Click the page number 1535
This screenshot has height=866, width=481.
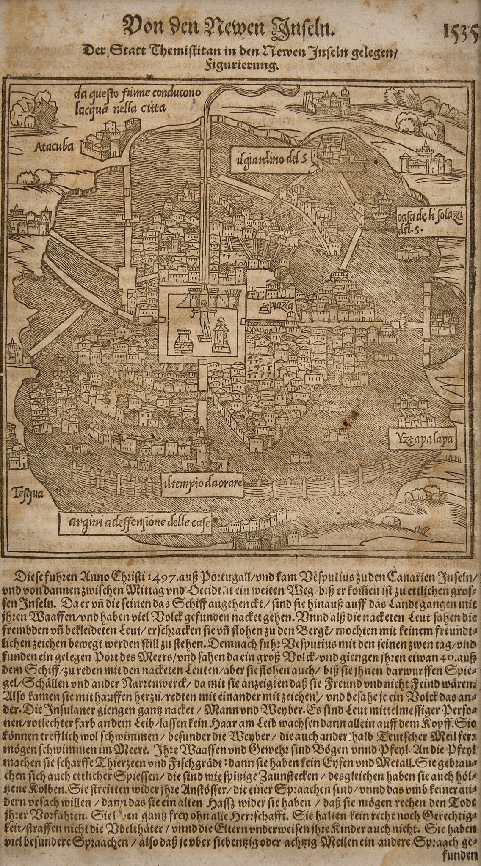click(460, 31)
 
